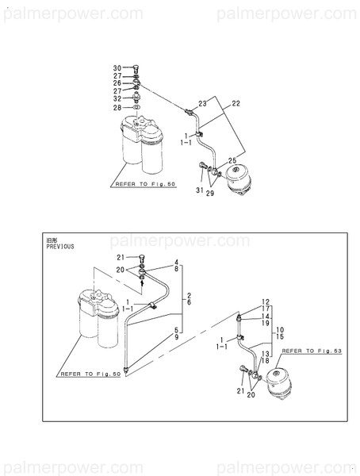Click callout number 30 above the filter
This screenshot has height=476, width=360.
click(116, 67)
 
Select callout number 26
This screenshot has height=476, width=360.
click(116, 83)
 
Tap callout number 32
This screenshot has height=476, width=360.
click(116, 99)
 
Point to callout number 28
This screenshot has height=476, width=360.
click(116, 108)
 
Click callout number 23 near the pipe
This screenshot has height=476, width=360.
click(202, 104)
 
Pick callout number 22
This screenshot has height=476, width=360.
click(236, 104)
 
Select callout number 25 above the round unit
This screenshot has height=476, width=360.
click(232, 161)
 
